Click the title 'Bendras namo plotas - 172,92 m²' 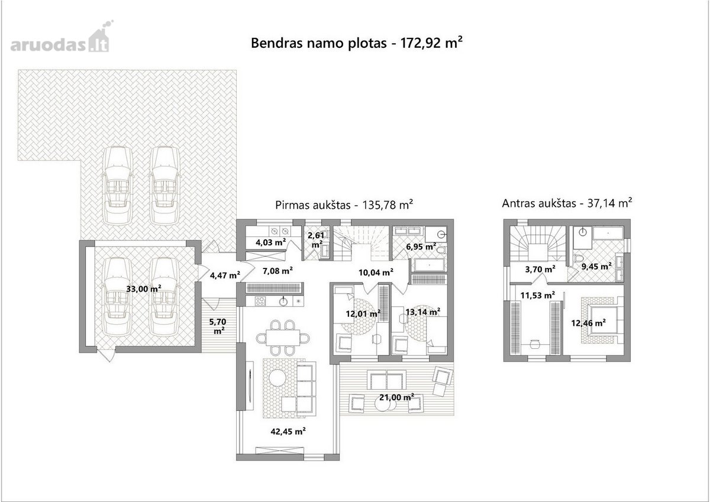pyautogui.click(x=356, y=43)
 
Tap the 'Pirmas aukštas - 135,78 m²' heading pyautogui.click(x=344, y=205)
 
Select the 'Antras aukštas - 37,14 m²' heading pyautogui.click(x=567, y=203)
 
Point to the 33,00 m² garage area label pyautogui.click(x=144, y=289)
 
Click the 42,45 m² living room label pyautogui.click(x=288, y=431)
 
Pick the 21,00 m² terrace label pyautogui.click(x=396, y=397)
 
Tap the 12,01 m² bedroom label pyautogui.click(x=363, y=313)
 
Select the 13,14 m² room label pyautogui.click(x=423, y=312)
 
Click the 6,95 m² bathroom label pyautogui.click(x=421, y=247)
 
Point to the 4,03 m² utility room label pyautogui.click(x=271, y=242)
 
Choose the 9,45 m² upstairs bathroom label pyautogui.click(x=596, y=266)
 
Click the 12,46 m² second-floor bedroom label pyautogui.click(x=589, y=323)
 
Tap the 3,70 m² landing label pyautogui.click(x=540, y=269)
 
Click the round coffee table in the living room pyautogui.click(x=277, y=377)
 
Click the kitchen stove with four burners pyautogui.click(x=260, y=301)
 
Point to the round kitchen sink pyautogui.click(x=283, y=302)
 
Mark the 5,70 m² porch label pyautogui.click(x=218, y=326)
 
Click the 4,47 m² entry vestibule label pyautogui.click(x=225, y=275)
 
